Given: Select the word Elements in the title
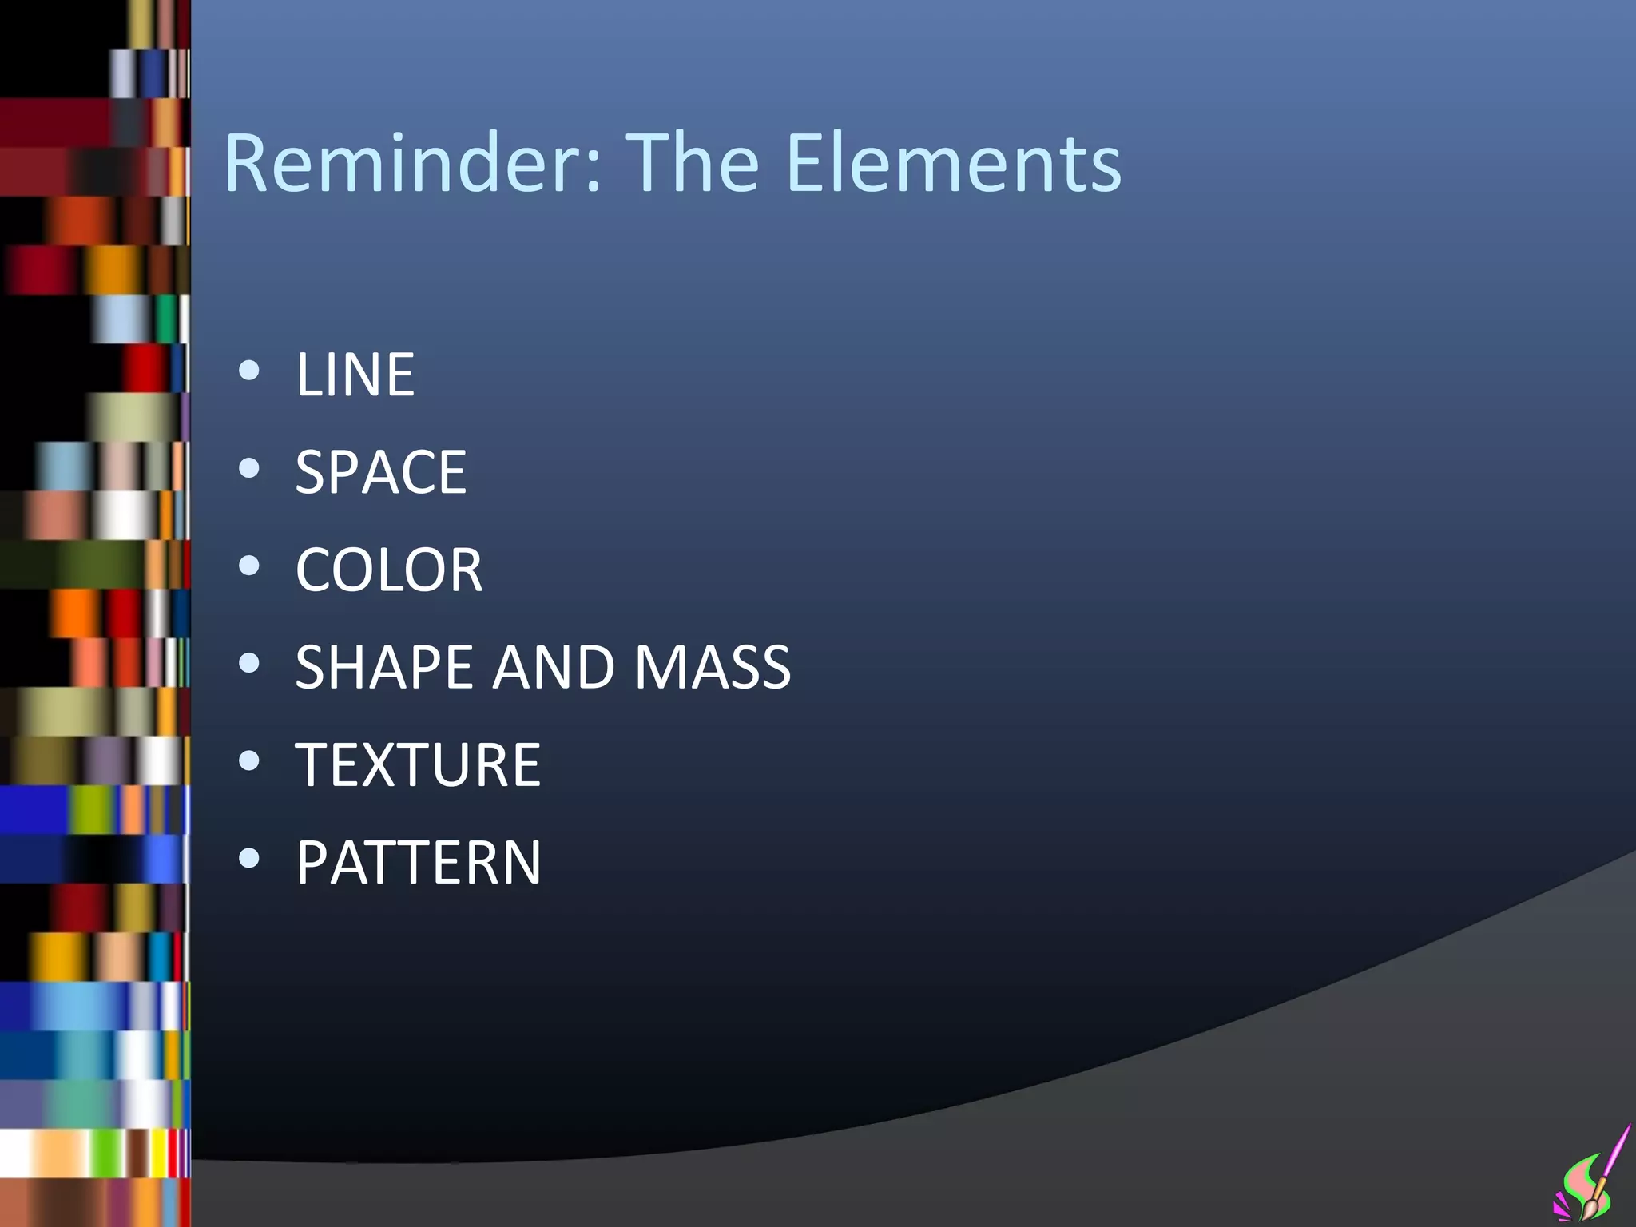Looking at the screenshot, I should click(x=954, y=164).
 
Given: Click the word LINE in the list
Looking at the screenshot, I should click(x=355, y=375).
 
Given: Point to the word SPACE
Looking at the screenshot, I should click(x=381, y=472).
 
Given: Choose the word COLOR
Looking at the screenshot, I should click(x=389, y=570).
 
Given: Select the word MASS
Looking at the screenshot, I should click(x=712, y=668).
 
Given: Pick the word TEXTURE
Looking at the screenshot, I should click(x=418, y=765).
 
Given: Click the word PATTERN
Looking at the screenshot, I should click(x=419, y=864).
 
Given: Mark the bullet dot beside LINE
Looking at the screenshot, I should click(x=249, y=370).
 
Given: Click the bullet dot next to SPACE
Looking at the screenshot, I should click(x=249, y=467).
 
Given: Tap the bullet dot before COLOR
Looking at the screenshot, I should click(x=249, y=566).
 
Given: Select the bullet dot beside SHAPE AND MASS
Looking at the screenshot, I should click(x=249, y=663).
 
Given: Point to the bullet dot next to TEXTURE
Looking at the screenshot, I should click(x=249, y=760).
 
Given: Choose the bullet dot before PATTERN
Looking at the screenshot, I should click(x=249, y=859).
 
